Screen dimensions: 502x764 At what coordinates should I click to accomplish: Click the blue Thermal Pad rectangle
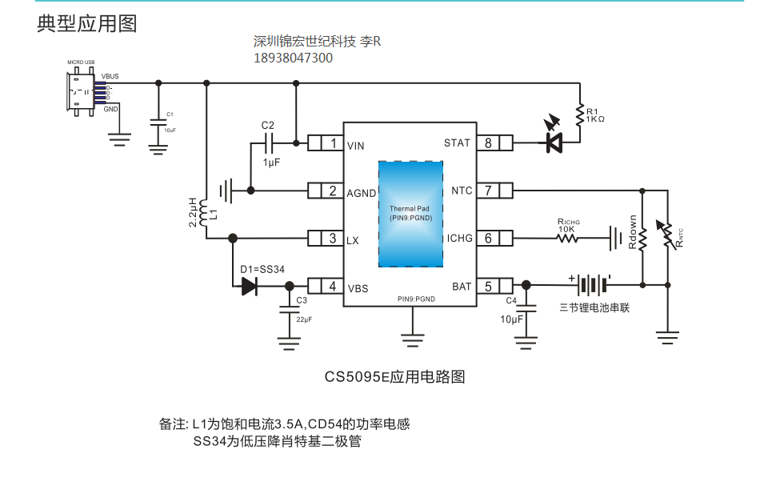pos(410,213)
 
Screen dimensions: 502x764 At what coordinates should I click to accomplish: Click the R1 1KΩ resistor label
pos(594,114)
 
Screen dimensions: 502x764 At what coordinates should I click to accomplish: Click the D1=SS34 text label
pos(262,269)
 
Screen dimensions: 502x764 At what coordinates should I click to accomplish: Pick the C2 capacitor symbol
pos(268,143)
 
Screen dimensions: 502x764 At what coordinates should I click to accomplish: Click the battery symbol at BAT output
pos(592,285)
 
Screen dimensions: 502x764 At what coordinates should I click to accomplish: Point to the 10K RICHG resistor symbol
pos(568,238)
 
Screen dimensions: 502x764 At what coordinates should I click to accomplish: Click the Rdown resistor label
pos(633,232)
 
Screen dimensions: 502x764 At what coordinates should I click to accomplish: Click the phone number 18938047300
pos(293,58)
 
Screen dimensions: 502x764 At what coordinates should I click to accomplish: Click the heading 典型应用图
pos(86,24)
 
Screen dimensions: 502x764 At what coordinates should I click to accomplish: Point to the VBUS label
pos(110,77)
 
